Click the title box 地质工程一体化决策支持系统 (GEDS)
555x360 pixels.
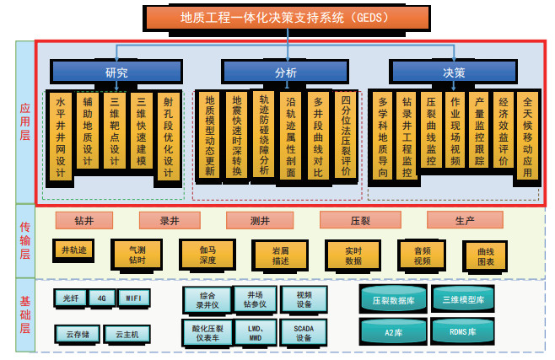(287, 17)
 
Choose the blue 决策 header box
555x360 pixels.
(454, 73)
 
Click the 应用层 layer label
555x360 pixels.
(25, 123)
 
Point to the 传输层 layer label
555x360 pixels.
(25, 240)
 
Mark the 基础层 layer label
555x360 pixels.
(25, 314)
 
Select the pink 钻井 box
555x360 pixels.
(84, 221)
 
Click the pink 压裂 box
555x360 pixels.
(359, 221)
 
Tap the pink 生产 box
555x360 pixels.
(465, 221)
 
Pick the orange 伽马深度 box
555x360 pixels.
(207, 254)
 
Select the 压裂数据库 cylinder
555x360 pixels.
(393, 300)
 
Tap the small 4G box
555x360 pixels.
(102, 297)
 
